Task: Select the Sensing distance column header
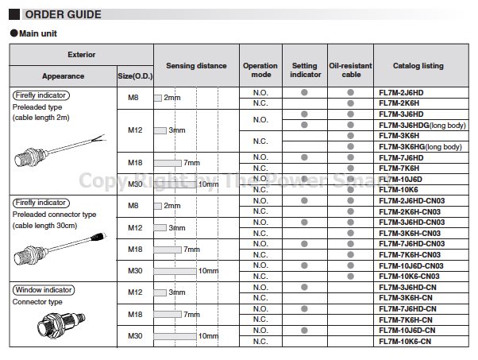pyautogui.click(x=196, y=66)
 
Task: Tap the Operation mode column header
pyautogui.click(x=260, y=70)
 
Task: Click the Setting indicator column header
pyautogui.click(x=305, y=70)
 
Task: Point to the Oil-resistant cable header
pyautogui.click(x=349, y=70)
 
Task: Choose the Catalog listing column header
pyautogui.click(x=418, y=66)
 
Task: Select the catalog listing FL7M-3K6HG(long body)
pyautogui.click(x=422, y=146)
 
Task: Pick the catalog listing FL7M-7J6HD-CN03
pyautogui.click(x=416, y=243)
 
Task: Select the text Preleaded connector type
pyautogui.click(x=55, y=214)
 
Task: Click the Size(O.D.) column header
pyautogui.click(x=134, y=76)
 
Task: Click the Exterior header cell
pyautogui.click(x=81, y=56)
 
